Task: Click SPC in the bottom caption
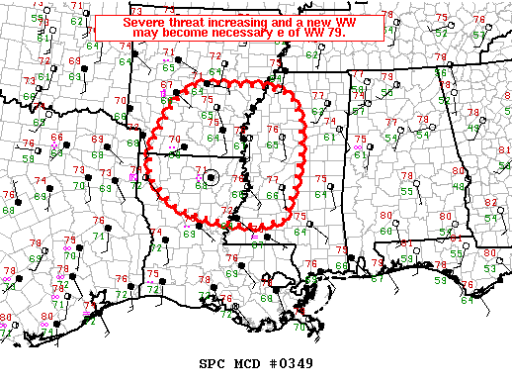213,363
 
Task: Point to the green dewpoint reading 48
458,186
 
